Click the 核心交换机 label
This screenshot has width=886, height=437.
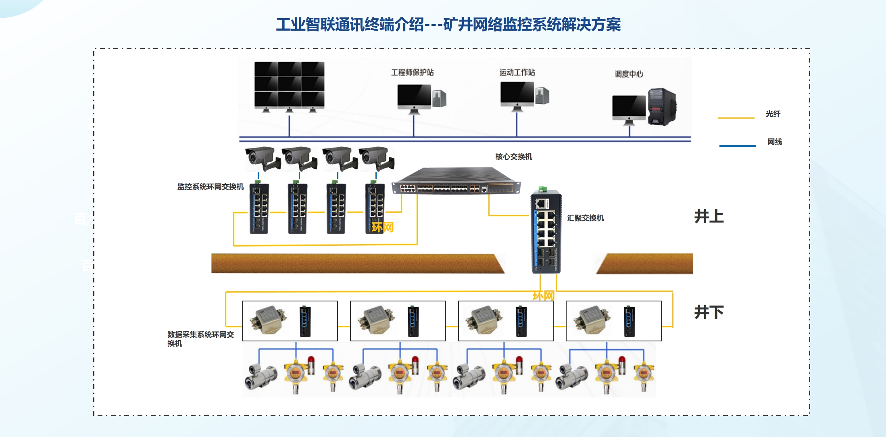pos(513,157)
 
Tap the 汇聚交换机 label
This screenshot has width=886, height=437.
pos(585,218)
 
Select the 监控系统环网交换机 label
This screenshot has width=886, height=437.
pos(210,186)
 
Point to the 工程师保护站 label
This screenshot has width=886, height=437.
pos(412,72)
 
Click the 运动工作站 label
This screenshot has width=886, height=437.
pos(517,72)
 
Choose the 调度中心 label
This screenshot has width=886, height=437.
pos(628,74)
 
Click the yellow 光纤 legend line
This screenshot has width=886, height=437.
pos(736,118)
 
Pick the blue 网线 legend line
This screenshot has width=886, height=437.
pos(737,146)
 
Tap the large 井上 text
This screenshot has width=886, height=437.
pos(709,217)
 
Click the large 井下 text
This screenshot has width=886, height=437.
pos(709,312)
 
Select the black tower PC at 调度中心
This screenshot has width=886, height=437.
pos(661,107)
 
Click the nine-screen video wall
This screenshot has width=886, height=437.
pos(289,85)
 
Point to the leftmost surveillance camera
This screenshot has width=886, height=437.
pos(262,159)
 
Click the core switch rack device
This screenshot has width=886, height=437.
pos(456,182)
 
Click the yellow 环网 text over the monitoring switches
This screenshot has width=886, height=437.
pos(382,227)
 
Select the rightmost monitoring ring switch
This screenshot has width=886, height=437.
pos(375,208)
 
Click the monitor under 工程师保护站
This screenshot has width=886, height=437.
pos(414,97)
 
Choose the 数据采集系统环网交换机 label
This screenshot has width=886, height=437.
pos(200,339)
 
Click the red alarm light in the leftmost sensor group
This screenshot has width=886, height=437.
pos(311,360)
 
